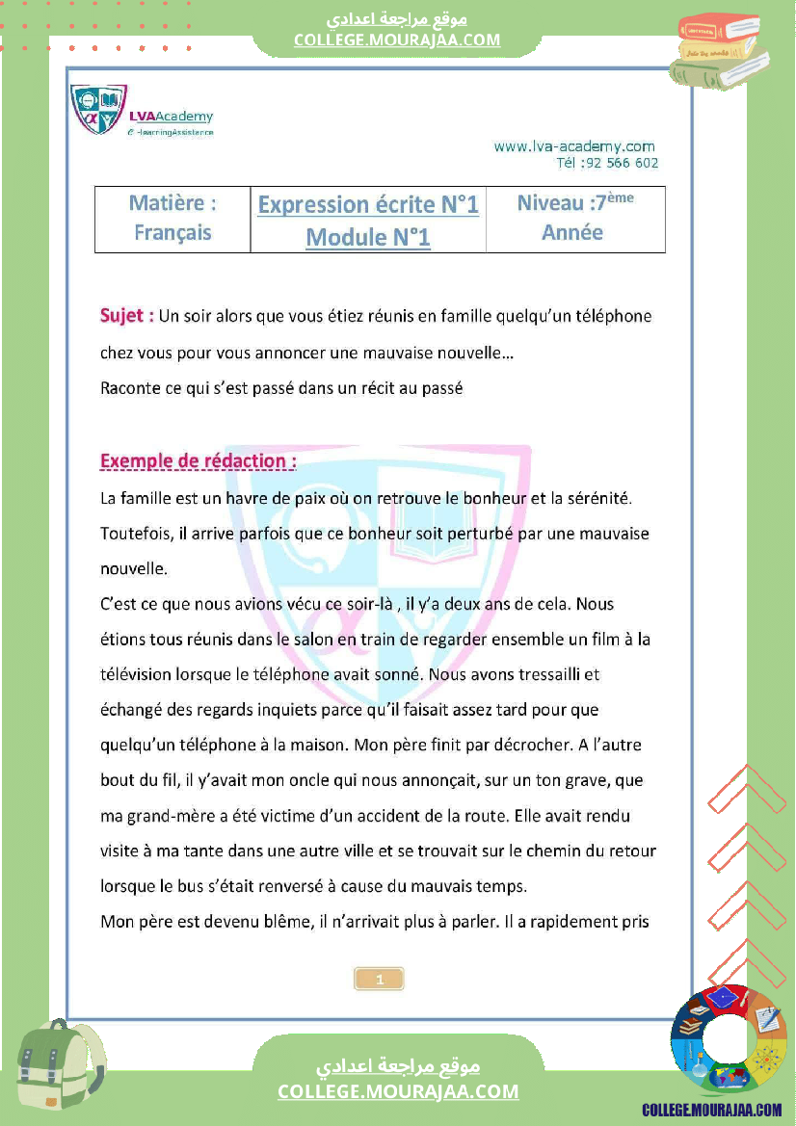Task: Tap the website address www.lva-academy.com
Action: tap(574, 146)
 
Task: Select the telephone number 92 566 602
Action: tap(621, 163)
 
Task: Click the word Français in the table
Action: tap(172, 233)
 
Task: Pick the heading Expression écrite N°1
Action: tap(368, 205)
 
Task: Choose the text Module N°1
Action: tap(368, 237)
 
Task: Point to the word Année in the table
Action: tap(572, 233)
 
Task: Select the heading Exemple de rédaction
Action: tap(198, 461)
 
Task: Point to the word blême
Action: tap(280, 922)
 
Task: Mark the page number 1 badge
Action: tap(380, 980)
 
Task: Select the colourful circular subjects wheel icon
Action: tap(729, 1039)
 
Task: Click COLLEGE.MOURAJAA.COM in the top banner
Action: tap(397, 39)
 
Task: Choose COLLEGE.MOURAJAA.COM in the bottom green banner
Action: tap(398, 1091)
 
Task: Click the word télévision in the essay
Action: tap(140, 675)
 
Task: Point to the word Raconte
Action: tap(131, 389)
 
